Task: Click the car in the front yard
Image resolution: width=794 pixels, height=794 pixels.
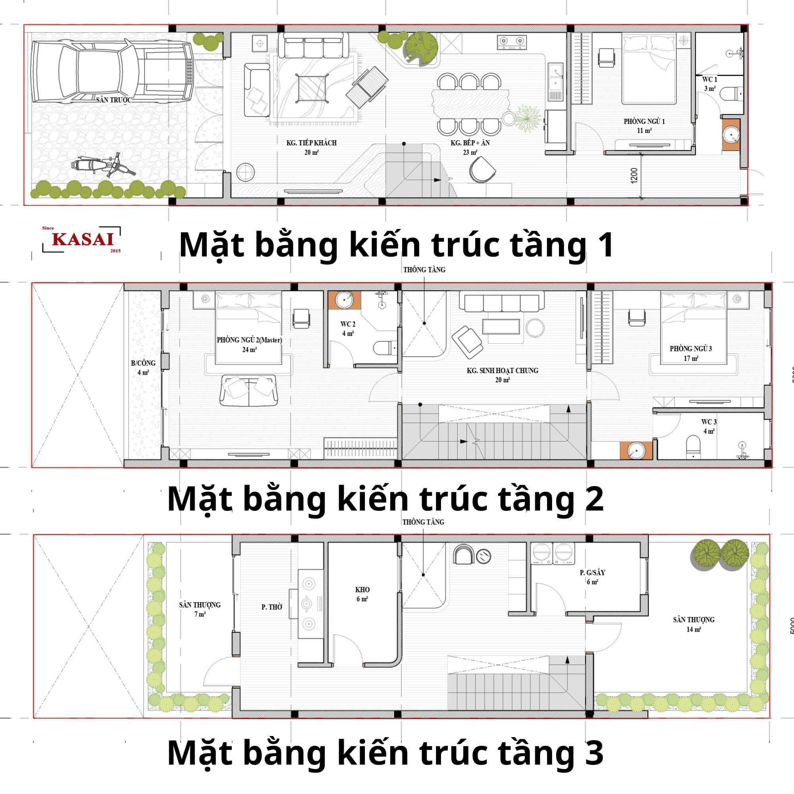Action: point(112,72)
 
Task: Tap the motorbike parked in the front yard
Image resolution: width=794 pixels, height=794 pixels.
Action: point(102,165)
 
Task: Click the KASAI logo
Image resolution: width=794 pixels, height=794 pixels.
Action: point(82,239)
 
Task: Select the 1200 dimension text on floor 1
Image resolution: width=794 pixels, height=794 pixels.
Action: point(634,176)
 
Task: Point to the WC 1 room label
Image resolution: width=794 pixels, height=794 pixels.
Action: point(709,84)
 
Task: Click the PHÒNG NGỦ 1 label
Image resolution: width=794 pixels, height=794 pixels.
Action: point(644,126)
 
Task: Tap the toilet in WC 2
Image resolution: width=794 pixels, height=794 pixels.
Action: point(385,348)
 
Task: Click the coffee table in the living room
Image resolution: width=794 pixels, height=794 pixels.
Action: point(312,88)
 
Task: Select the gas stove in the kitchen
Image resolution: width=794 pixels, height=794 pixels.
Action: point(512,42)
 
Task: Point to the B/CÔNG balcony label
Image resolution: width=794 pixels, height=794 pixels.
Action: point(143,367)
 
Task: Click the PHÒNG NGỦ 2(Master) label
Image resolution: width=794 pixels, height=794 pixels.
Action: point(249,344)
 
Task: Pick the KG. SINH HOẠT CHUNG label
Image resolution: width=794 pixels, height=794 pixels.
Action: point(502,375)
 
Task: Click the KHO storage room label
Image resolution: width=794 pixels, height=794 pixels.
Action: point(362,594)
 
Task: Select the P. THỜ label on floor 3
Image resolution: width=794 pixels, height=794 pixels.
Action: point(272,607)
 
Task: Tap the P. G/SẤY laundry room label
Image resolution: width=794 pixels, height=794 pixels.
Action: point(592,577)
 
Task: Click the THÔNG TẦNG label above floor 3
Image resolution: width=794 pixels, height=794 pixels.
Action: point(423,522)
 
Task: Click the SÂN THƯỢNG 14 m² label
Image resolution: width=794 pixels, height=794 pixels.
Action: point(694,624)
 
